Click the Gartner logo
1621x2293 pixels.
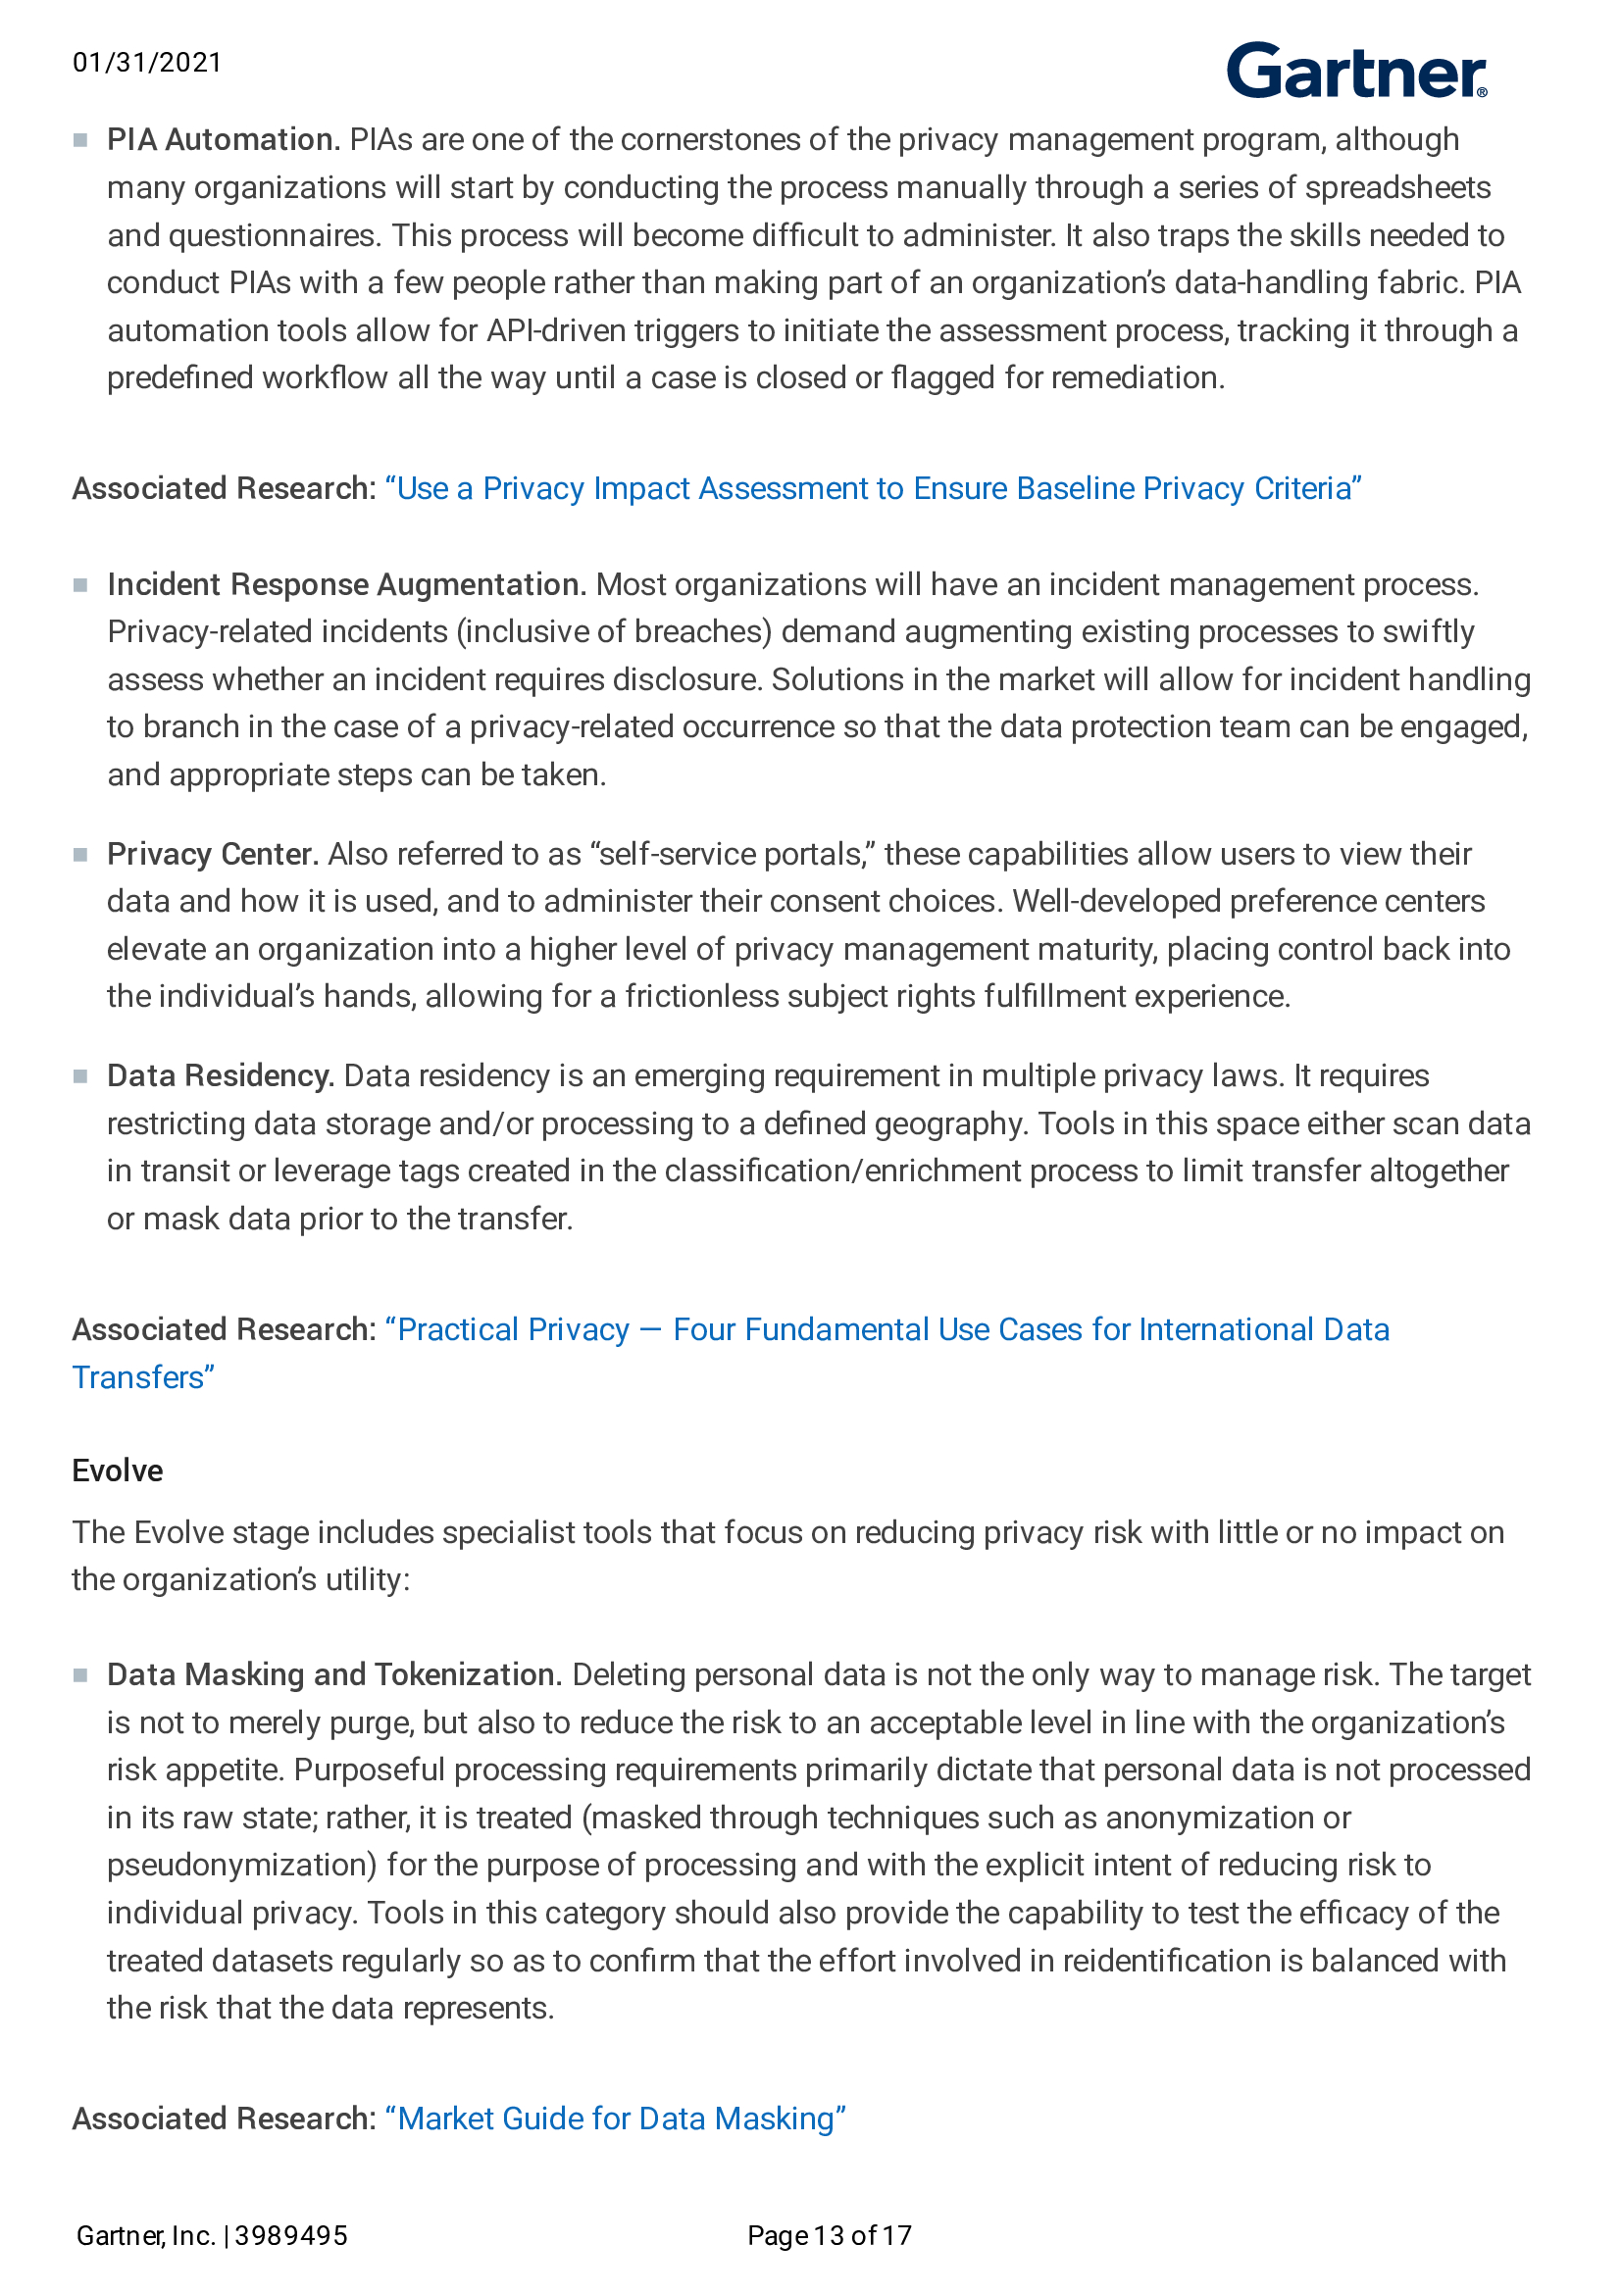point(1355,71)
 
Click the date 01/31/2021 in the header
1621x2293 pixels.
point(147,63)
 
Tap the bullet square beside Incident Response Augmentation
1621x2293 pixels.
point(79,585)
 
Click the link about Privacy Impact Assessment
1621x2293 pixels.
point(873,488)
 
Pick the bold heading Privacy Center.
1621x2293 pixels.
point(213,854)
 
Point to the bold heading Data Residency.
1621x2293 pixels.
point(220,1075)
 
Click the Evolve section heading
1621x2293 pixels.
point(117,1471)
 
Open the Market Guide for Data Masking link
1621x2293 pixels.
point(615,2119)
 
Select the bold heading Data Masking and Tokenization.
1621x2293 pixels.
point(334,1674)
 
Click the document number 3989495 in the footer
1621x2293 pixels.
point(291,2235)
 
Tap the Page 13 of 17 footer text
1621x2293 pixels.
point(829,2235)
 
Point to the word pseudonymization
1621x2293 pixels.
point(240,1865)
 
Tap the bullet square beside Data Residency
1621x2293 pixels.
point(79,1076)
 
